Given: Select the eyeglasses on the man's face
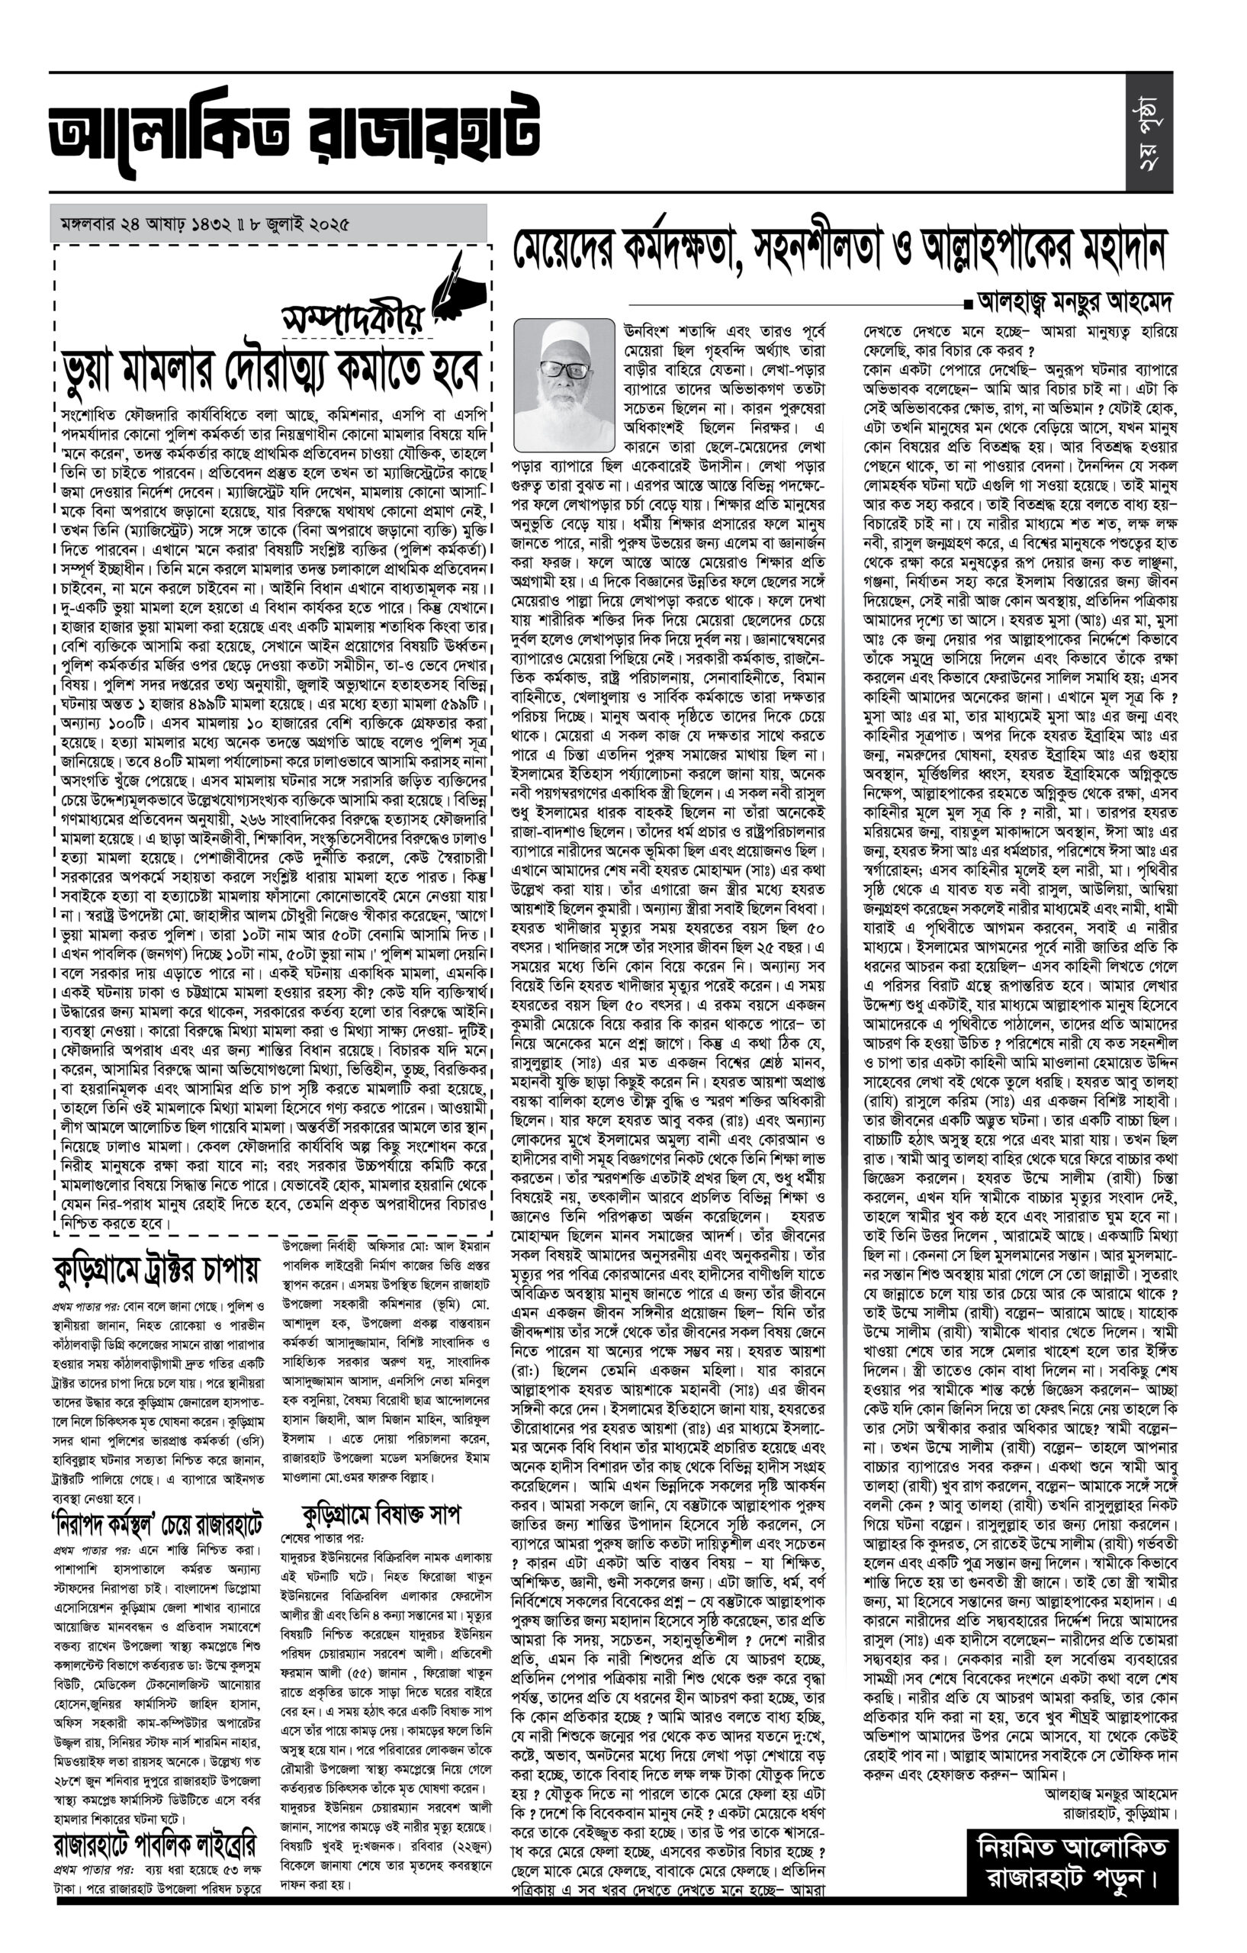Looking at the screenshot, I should click(x=564, y=370).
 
